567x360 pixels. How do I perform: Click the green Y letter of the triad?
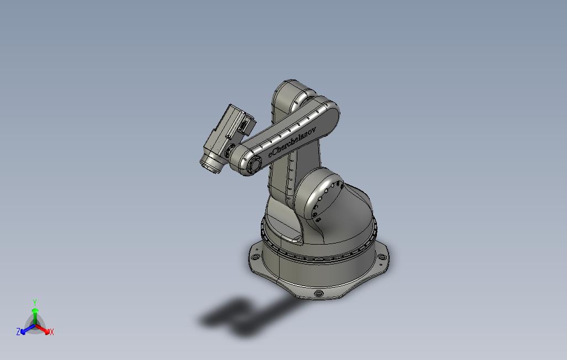(34, 302)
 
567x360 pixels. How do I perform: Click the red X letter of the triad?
(51, 332)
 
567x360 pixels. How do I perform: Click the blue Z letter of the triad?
(18, 332)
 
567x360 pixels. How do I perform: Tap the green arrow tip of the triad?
(35, 311)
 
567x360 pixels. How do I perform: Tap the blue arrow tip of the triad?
(23, 331)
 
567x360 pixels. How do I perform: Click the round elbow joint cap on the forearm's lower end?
(253, 164)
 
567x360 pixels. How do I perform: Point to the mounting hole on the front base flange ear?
(318, 293)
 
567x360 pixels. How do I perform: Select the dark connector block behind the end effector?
(245, 124)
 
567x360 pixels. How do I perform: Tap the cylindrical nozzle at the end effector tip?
(211, 164)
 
